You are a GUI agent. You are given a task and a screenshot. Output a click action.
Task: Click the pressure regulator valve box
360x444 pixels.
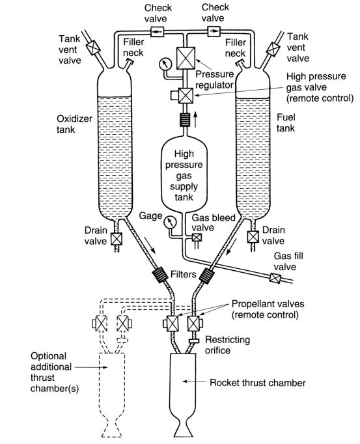[x=186, y=59]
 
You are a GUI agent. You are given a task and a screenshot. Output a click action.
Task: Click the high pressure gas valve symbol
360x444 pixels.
[x=186, y=96]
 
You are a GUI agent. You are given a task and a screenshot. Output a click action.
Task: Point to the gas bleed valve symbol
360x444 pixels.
[x=195, y=238]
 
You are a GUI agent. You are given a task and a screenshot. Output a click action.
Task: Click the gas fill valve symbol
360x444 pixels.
[x=274, y=278]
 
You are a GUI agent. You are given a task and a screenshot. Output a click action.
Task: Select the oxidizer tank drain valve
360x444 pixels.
[x=116, y=239]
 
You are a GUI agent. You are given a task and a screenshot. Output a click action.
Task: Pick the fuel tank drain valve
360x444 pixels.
[x=253, y=237]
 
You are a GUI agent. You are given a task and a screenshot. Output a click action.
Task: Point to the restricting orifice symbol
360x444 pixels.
[x=194, y=341]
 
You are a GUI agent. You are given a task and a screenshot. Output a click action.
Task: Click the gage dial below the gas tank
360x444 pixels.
[x=170, y=222]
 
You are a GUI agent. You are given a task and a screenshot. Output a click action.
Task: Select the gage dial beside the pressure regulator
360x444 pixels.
[x=165, y=64]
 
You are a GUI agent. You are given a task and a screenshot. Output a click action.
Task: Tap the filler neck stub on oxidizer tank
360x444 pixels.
[x=128, y=64]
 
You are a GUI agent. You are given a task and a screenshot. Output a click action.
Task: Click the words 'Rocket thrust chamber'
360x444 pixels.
[x=257, y=383]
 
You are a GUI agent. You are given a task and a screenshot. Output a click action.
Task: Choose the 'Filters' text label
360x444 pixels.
[x=184, y=274]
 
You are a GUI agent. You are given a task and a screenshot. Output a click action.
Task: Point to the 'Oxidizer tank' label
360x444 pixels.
[x=74, y=124]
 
